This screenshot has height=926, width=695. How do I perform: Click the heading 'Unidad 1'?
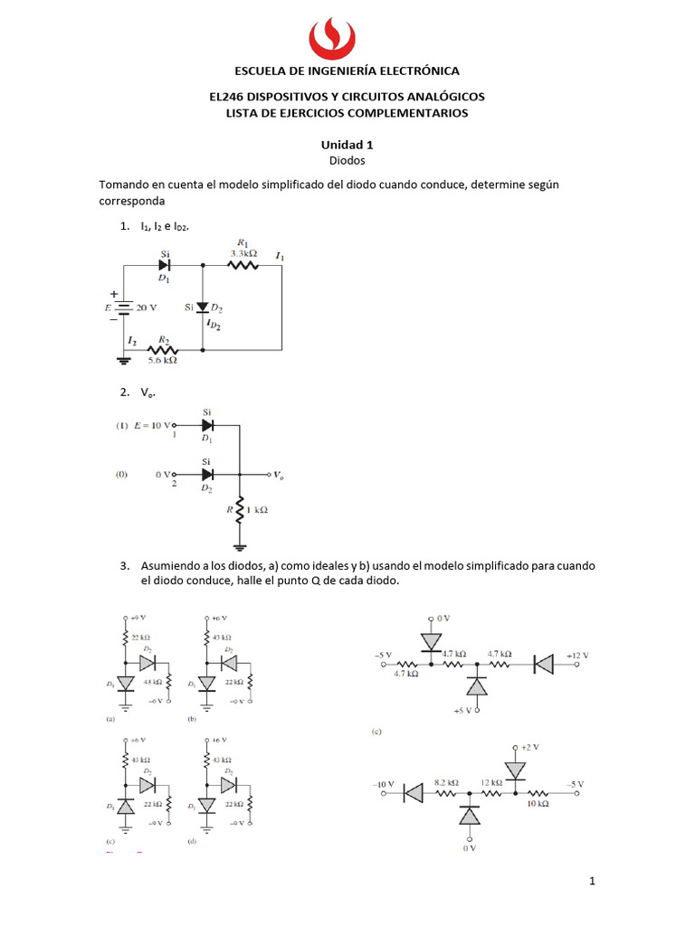point(347,144)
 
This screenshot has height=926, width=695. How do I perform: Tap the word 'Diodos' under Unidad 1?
point(347,159)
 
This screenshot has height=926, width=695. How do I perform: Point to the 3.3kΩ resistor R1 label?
point(243,254)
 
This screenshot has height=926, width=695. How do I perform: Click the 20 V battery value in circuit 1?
point(147,307)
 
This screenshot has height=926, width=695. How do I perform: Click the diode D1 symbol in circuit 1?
point(165,267)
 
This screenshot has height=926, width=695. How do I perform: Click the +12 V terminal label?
point(576,655)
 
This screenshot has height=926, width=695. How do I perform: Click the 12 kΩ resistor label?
point(491,781)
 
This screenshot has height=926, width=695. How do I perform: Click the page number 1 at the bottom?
point(592,881)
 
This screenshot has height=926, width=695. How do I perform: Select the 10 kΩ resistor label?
point(537,803)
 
